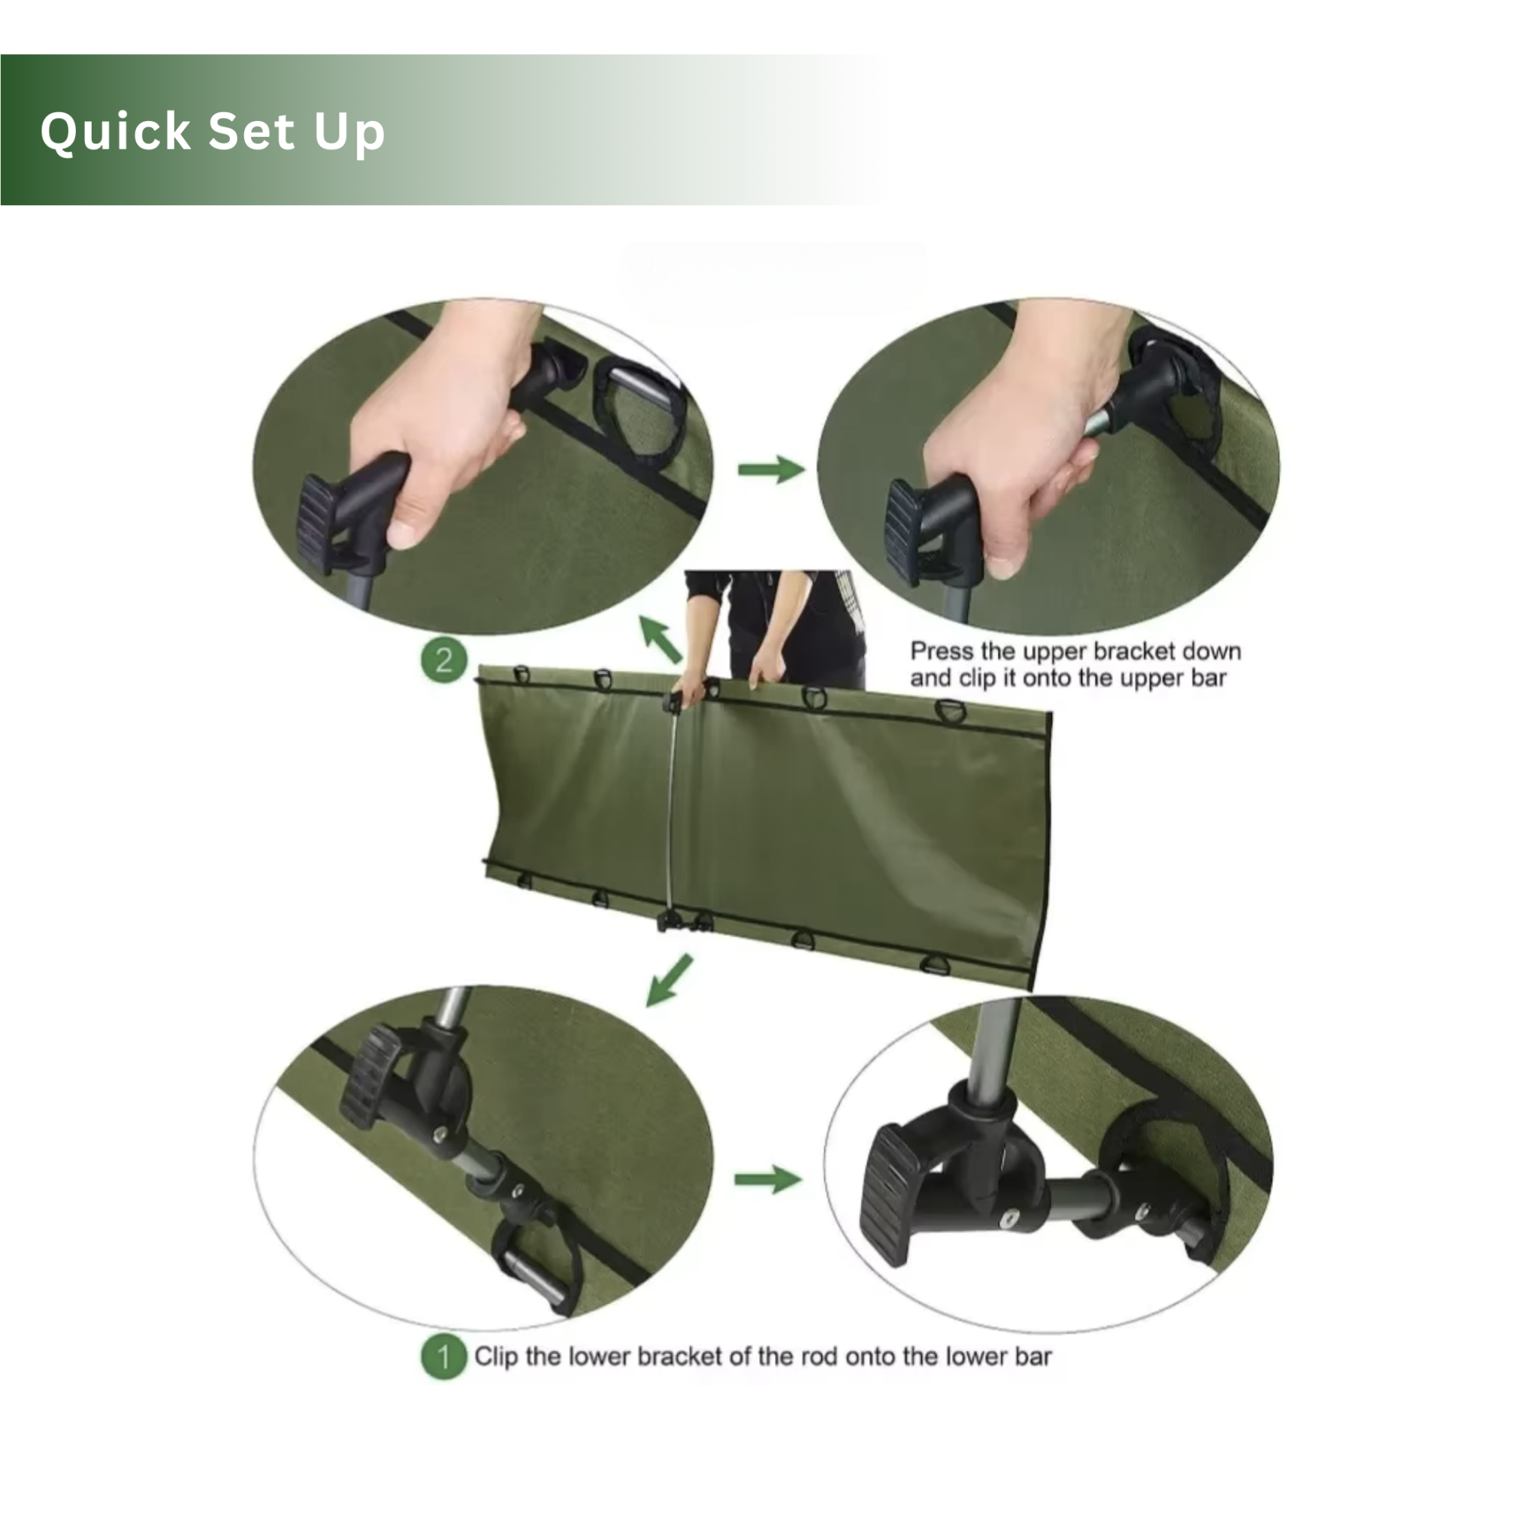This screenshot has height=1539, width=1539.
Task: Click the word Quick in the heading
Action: coord(116,132)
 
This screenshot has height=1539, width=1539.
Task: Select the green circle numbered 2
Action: coord(443,661)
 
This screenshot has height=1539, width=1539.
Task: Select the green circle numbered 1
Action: coord(443,1356)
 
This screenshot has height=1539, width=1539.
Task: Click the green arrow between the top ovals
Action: coord(770,469)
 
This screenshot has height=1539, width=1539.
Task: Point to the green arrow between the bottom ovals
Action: coord(767,1179)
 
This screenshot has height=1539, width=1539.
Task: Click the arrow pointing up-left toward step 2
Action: coord(661,639)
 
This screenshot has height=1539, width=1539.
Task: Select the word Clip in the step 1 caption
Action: coord(495,1356)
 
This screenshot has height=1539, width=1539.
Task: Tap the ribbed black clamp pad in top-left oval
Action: coord(316,523)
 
